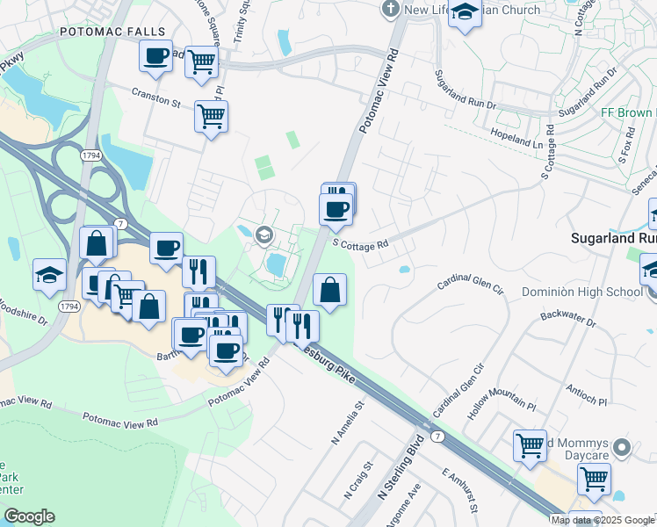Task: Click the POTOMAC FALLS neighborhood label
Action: [x=101, y=32]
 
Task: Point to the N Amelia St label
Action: [x=347, y=424]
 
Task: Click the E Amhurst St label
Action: [x=459, y=490]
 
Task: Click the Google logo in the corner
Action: [x=29, y=516]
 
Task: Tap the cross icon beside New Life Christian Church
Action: [x=391, y=10]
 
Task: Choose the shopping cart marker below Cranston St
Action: [x=211, y=116]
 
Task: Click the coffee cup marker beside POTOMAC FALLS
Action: [x=156, y=56]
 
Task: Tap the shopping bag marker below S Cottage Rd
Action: [x=329, y=290]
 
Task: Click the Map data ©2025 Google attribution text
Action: [x=602, y=520]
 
